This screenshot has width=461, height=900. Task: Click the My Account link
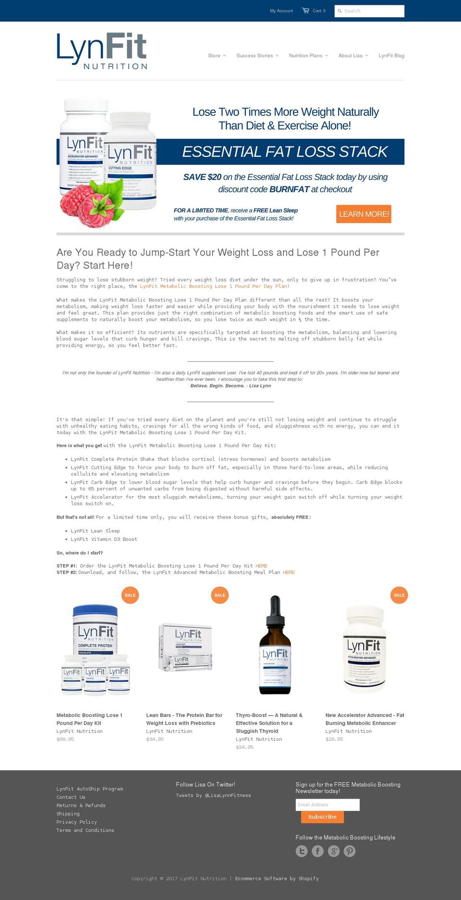coord(281,11)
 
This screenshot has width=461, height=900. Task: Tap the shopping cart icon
coord(305,11)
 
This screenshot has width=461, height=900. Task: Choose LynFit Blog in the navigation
coord(391,56)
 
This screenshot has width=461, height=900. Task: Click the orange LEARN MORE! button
coord(364,214)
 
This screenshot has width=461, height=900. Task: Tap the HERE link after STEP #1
coord(261,566)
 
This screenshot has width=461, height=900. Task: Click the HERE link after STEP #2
coord(289,572)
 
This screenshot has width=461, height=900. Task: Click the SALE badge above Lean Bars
coord(220,595)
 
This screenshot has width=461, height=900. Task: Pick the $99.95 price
coord(65,739)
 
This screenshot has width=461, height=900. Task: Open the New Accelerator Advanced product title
coord(364,719)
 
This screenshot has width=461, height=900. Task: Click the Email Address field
coord(328,805)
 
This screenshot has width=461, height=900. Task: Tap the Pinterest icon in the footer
coord(350,851)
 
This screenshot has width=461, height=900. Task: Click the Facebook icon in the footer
coord(317,851)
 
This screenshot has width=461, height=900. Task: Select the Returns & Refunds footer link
coord(81,805)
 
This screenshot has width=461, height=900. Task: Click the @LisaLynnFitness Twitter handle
coord(228,795)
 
